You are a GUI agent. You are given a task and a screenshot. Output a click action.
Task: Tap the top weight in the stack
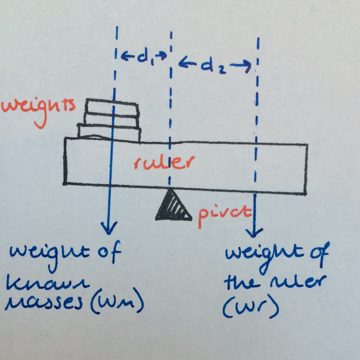[112, 106]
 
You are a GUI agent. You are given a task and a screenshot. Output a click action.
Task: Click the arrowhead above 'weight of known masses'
[108, 228]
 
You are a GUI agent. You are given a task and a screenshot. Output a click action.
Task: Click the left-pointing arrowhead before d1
[125, 56]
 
